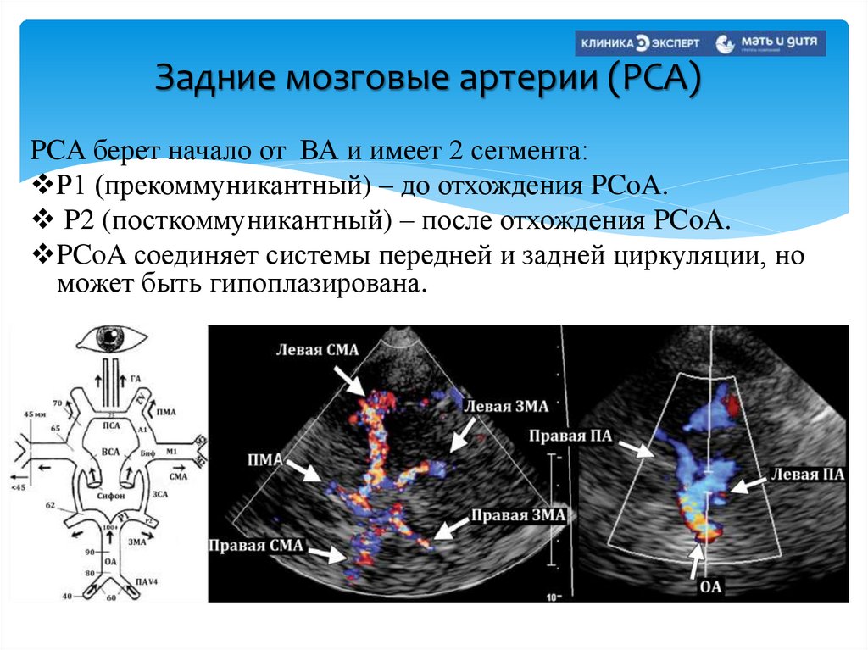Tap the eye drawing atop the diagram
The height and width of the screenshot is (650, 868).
coord(108,340)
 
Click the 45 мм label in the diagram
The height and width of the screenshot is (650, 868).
coord(36,414)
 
